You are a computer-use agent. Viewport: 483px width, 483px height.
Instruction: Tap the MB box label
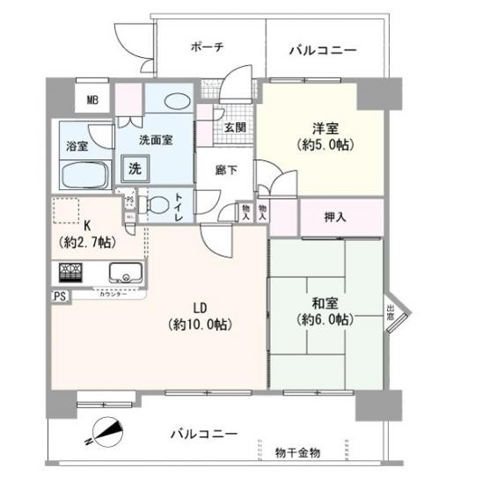point(92,99)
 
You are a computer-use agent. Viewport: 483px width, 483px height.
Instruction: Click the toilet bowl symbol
point(157,203)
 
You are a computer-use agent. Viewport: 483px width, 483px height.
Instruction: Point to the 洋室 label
point(325,127)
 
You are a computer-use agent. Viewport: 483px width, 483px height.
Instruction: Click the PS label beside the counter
point(60,296)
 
